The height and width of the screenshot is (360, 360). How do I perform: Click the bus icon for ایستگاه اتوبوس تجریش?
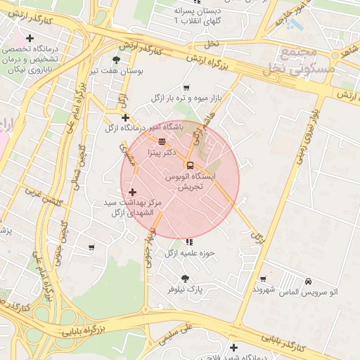point(189,165)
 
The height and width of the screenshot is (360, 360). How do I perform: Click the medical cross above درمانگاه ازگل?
point(125,117)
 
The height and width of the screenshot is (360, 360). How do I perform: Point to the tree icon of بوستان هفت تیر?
point(116,60)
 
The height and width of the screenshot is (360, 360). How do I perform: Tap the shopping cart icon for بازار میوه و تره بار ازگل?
point(186,88)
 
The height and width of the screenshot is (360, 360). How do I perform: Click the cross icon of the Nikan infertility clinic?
point(29,38)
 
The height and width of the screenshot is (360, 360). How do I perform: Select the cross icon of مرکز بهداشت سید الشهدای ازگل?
point(132,192)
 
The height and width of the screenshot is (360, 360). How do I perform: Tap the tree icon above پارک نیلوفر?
point(185,278)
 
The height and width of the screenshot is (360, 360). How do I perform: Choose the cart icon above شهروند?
point(263,279)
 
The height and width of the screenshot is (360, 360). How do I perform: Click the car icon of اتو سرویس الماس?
point(309,281)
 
